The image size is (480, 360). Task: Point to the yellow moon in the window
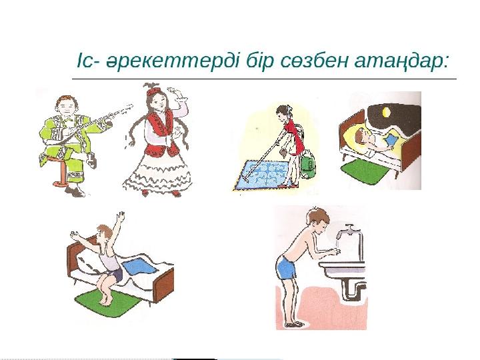[x=386, y=113]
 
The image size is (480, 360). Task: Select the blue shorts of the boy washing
[x=287, y=268]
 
